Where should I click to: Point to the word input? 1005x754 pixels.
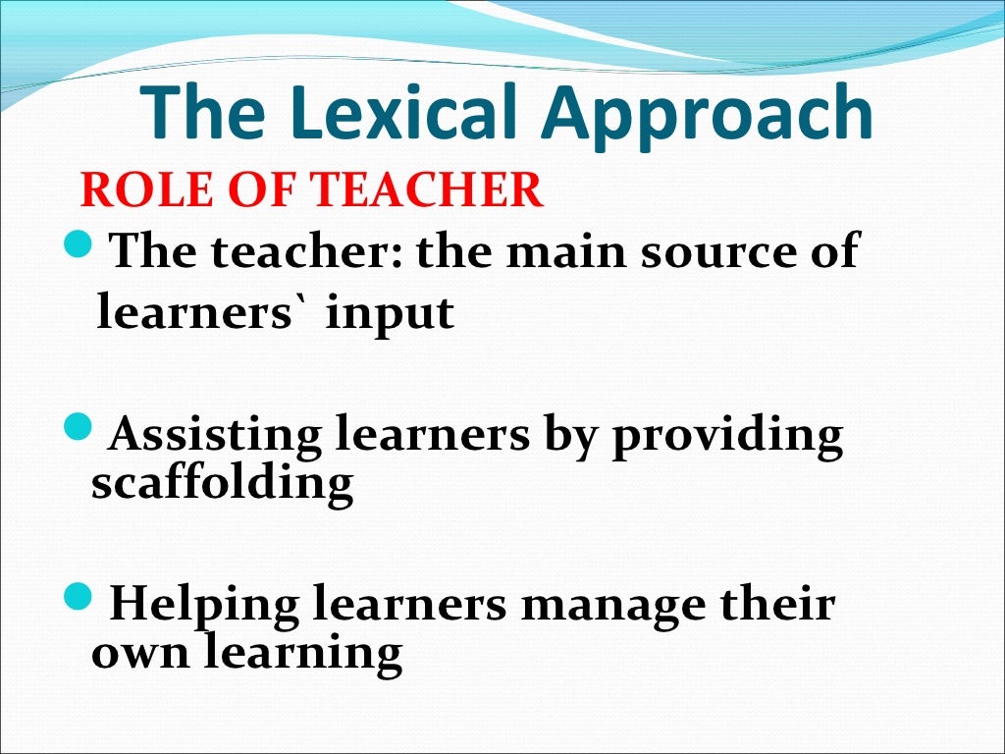click(391, 314)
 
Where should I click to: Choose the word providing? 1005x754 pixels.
click(726, 436)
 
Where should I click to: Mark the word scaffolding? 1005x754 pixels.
click(222, 483)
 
